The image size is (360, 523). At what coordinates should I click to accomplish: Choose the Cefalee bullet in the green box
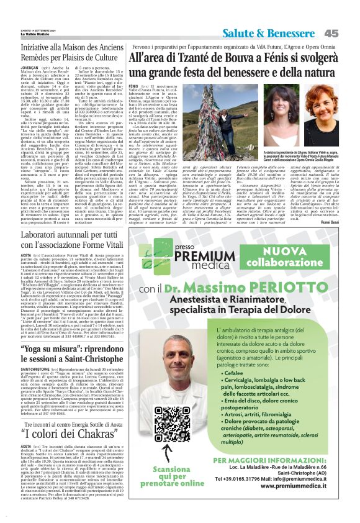pyautogui.click(x=245, y=373)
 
